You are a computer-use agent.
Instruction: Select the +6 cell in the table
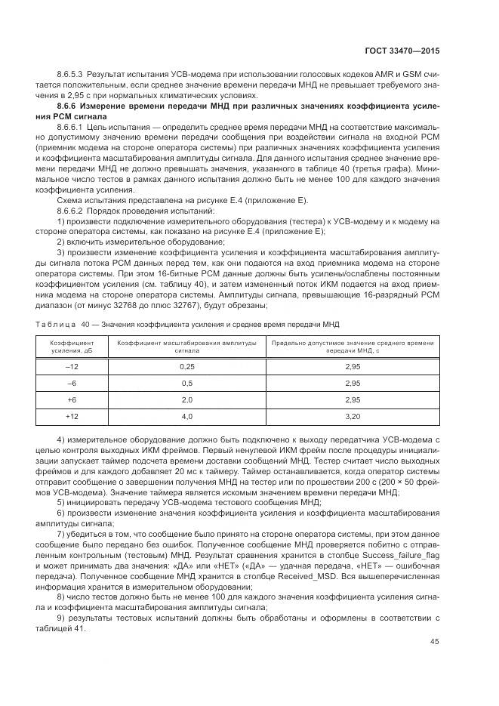tap(72, 399)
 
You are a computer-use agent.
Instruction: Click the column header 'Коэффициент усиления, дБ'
tap(72, 347)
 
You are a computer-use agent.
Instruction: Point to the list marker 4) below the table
tap(61, 439)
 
